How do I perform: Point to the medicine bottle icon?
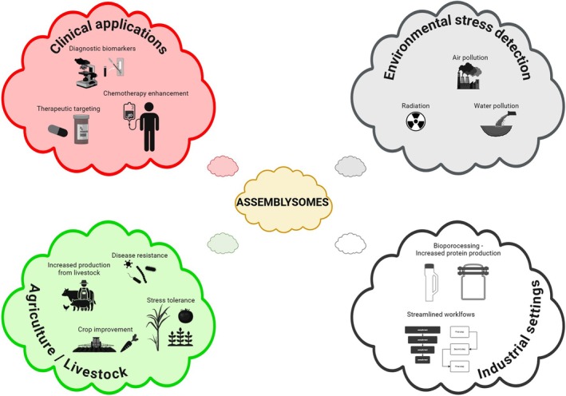coord(83,129)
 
